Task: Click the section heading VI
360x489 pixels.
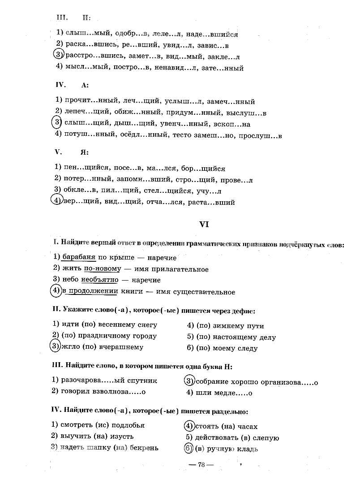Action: click(204, 224)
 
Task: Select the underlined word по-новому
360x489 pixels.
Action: click(103, 269)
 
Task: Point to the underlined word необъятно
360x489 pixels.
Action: click(100, 280)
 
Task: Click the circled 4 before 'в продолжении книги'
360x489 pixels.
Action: click(56, 291)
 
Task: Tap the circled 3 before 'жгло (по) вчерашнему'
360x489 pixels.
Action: click(54, 346)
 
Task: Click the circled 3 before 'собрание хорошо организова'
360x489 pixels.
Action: click(189, 381)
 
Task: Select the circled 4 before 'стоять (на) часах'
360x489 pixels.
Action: click(189, 426)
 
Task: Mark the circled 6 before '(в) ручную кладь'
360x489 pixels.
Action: click(189, 448)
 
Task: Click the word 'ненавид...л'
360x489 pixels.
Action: click(168, 69)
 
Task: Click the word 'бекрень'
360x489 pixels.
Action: click(143, 447)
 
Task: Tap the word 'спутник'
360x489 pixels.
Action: click(144, 381)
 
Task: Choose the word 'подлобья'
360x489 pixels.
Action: click(127, 425)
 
